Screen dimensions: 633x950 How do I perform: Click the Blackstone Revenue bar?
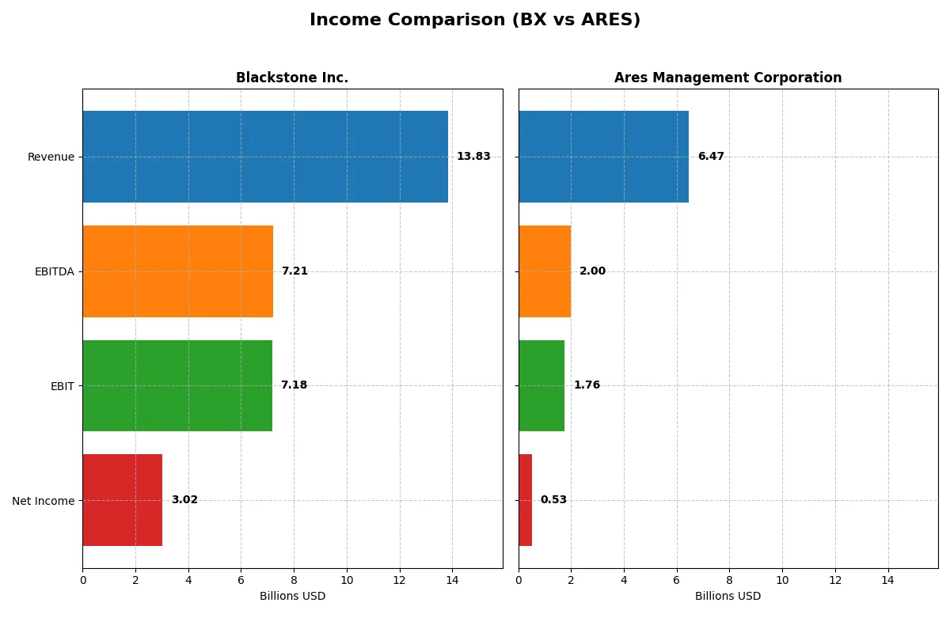(x=265, y=157)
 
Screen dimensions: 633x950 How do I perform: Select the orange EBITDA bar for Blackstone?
(x=178, y=271)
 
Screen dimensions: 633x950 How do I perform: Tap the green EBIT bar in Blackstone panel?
(x=177, y=385)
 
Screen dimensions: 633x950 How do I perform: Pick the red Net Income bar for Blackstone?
(x=123, y=500)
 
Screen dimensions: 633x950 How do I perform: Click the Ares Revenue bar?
(x=603, y=157)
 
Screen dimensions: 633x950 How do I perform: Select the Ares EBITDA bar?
(x=545, y=271)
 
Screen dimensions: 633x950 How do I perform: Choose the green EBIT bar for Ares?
(x=541, y=385)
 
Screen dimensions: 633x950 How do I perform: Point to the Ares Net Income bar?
(x=526, y=500)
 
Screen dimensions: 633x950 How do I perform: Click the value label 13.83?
(x=473, y=157)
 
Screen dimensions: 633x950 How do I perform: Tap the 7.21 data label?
(x=294, y=271)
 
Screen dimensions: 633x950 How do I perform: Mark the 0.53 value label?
(x=553, y=500)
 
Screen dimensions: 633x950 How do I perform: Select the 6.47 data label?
(x=711, y=157)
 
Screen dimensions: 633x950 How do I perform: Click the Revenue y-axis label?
(x=51, y=157)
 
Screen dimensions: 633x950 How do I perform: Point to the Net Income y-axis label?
(x=44, y=501)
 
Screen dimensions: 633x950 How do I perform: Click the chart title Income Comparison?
(x=475, y=21)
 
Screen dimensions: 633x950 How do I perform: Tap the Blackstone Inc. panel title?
(x=292, y=78)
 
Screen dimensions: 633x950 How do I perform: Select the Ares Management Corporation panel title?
(x=728, y=78)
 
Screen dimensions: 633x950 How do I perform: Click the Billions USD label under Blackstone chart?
(x=292, y=597)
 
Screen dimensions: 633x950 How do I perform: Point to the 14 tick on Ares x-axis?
(x=887, y=580)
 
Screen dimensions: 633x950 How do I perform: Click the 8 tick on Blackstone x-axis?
(x=294, y=580)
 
